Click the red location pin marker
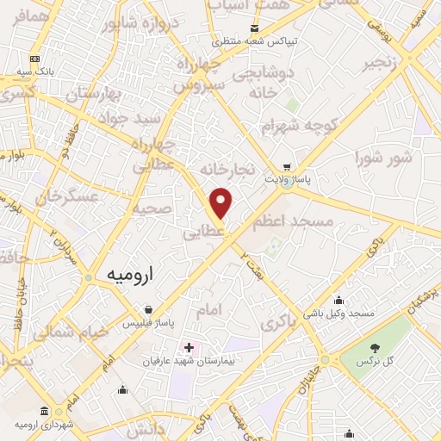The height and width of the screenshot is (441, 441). click(x=221, y=203)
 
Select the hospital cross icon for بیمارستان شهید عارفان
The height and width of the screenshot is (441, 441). click(x=189, y=348)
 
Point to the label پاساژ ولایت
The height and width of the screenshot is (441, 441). click(x=306, y=181)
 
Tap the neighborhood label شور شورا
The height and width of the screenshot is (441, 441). click(x=383, y=158)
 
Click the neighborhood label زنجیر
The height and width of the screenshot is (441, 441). click(x=379, y=64)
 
